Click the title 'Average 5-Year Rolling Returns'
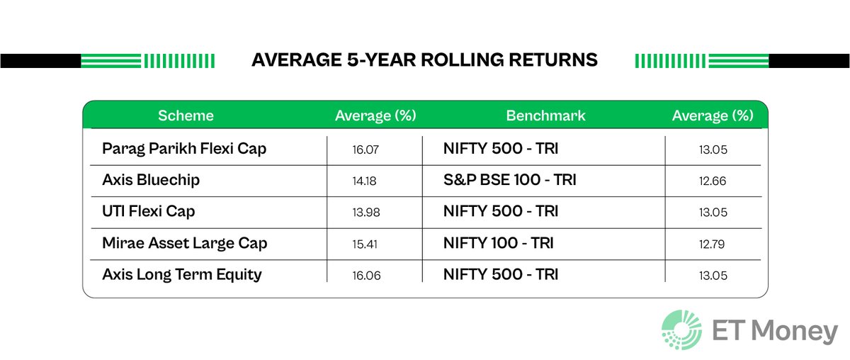click(424, 60)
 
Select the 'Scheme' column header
click(186, 116)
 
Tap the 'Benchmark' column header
click(545, 116)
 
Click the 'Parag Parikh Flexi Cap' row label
click(184, 150)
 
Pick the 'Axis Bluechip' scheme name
click(151, 181)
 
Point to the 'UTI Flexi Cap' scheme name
click(148, 212)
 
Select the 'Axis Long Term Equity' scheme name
click(181, 274)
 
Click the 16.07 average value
click(366, 150)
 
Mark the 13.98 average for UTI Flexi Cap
click(366, 213)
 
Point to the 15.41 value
click(366, 244)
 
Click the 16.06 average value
click(366, 275)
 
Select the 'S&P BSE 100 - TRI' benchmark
click(509, 181)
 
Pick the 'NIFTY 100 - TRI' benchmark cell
click(498, 243)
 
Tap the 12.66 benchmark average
click(713, 181)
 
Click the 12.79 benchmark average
click(713, 244)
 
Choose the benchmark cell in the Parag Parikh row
click(500, 150)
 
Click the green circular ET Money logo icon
click(682, 330)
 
